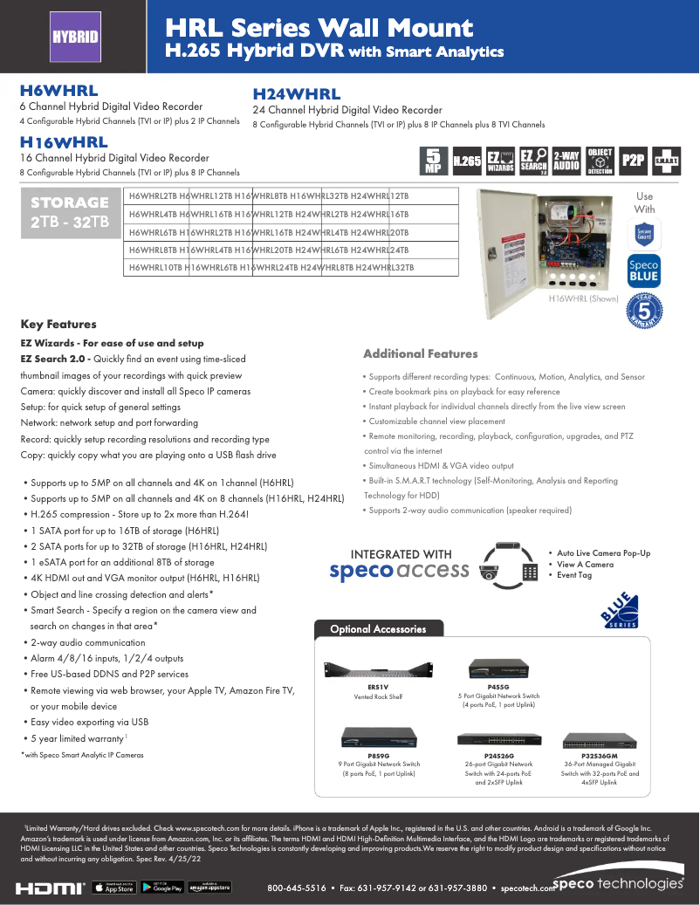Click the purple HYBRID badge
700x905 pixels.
point(74,38)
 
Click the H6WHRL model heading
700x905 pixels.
point(58,90)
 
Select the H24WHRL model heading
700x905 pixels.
point(296,94)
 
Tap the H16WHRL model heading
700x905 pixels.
point(64,142)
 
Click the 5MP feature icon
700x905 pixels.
point(432,161)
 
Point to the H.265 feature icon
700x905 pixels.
point(467,161)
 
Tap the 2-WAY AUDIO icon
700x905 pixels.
point(566,161)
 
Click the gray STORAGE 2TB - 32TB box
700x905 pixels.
point(70,212)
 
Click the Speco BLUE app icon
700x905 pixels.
point(643,271)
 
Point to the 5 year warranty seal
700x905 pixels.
point(645,312)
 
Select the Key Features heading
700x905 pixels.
point(58,324)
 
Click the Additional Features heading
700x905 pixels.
point(420,353)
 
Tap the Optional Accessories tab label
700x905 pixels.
point(378,629)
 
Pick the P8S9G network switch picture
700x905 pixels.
point(378,738)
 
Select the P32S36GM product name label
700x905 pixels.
point(599,755)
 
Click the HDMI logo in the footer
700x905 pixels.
point(51,888)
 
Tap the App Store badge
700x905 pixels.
point(113,888)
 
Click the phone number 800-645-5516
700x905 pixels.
point(296,888)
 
